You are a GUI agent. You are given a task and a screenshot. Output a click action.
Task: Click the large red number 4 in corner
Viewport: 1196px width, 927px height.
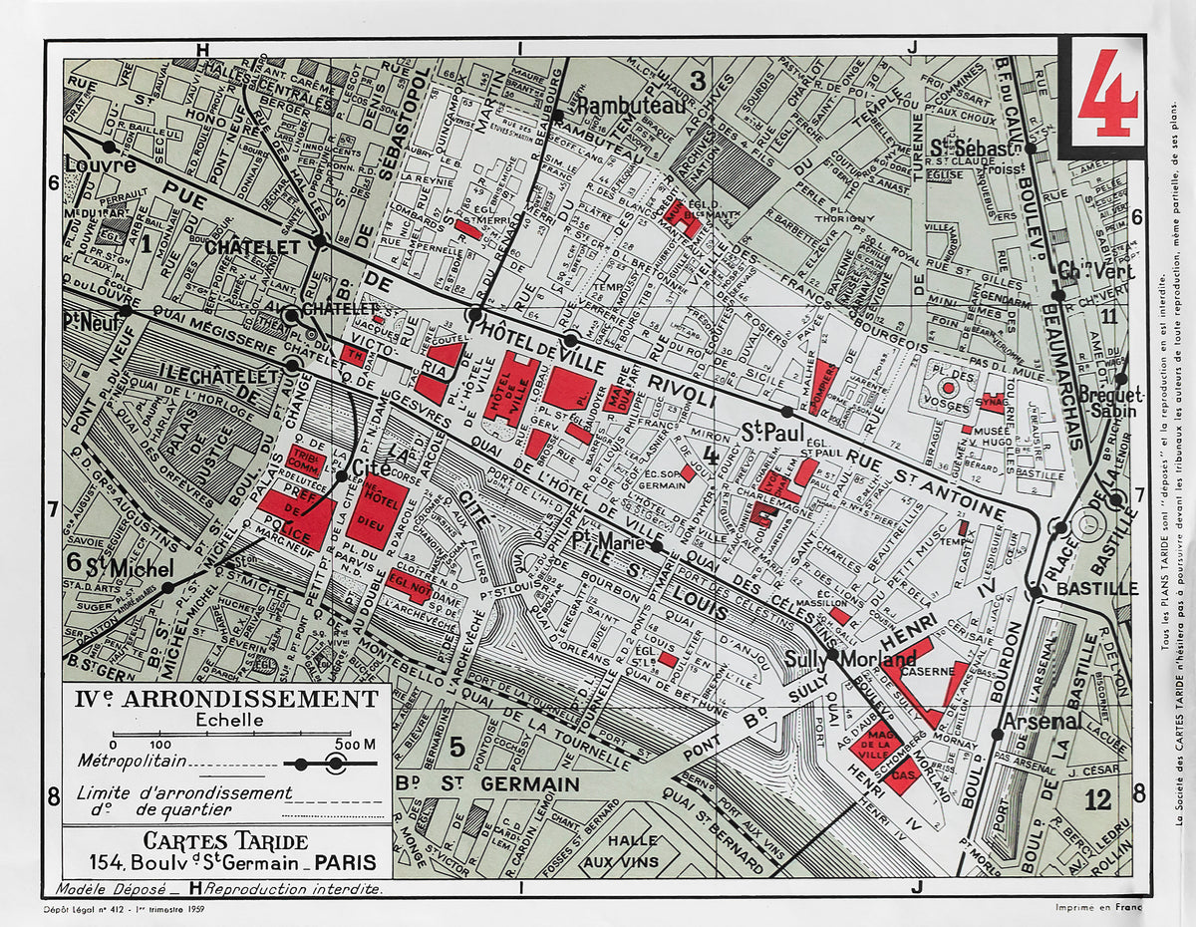coord(1107,94)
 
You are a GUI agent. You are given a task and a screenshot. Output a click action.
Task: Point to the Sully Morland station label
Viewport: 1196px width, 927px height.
coord(850,660)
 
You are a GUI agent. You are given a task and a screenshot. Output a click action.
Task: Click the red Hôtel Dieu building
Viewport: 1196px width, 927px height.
coord(376,509)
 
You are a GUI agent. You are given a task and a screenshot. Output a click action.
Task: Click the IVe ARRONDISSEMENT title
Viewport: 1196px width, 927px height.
coord(227,699)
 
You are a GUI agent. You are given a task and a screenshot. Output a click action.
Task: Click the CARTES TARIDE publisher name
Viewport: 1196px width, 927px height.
coord(225,840)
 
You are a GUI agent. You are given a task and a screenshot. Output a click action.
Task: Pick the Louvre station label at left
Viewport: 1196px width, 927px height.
coord(100,164)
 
